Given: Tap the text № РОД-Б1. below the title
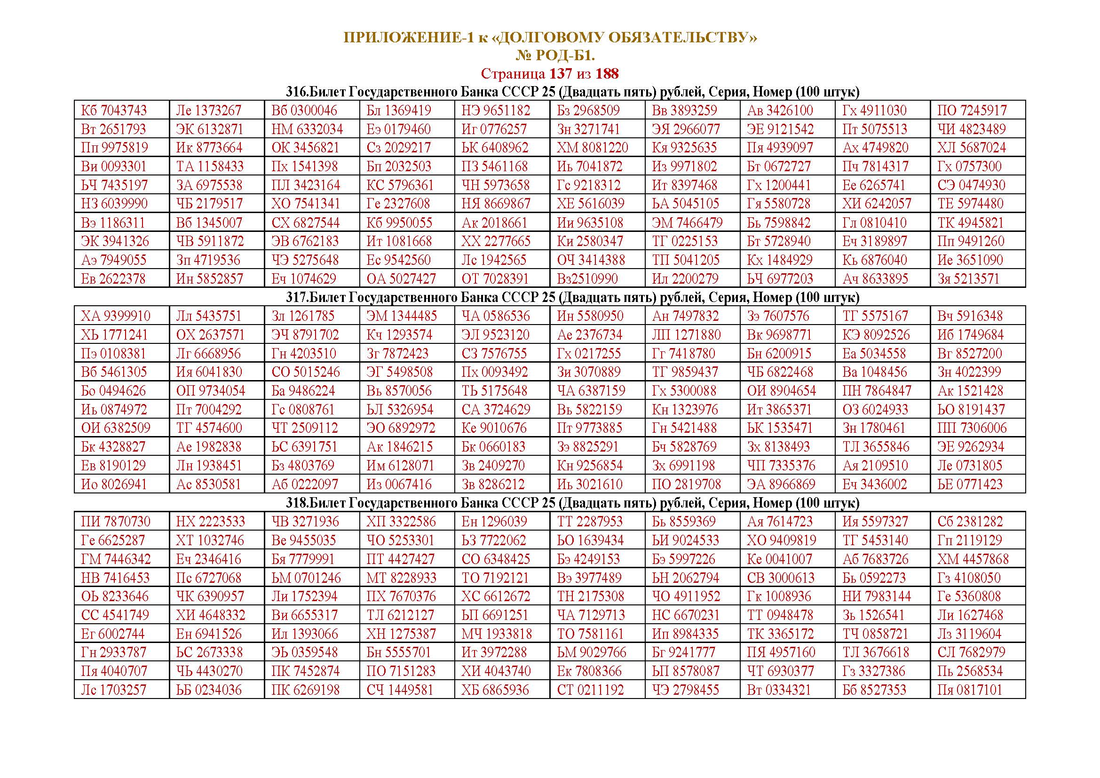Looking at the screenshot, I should click(555, 56).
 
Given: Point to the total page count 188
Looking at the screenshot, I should click(607, 74).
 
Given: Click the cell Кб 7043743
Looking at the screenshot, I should click(113, 111).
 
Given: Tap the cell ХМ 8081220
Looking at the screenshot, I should click(592, 148).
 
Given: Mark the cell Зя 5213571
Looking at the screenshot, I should click(968, 279).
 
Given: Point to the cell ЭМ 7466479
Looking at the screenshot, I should click(687, 223).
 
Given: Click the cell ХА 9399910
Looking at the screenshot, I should click(116, 316).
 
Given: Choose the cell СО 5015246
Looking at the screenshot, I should click(306, 372).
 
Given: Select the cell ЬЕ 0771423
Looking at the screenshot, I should click(970, 484).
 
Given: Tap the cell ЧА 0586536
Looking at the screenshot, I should click(496, 316).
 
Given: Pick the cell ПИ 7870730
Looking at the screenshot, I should click(116, 522).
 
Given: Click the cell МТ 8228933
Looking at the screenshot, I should click(402, 578).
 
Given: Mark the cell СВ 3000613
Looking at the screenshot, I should click(781, 578).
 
